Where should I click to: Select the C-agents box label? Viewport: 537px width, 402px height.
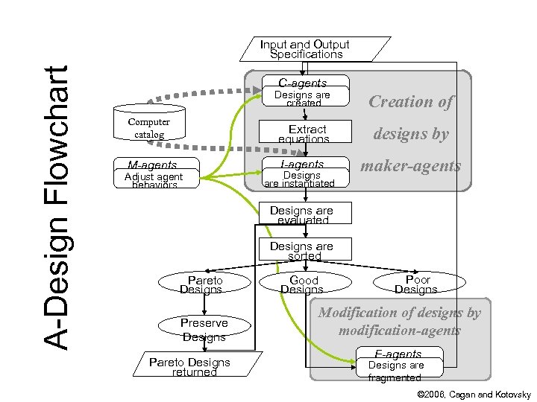click(302, 83)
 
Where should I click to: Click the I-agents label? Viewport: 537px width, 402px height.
click(302, 164)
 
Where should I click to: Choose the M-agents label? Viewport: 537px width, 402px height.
click(152, 165)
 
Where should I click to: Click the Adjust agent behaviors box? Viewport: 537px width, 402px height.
click(154, 179)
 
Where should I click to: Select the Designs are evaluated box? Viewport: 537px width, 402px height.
click(302, 215)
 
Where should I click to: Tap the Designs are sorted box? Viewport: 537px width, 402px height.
click(304, 250)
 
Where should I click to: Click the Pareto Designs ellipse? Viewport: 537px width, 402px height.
click(201, 284)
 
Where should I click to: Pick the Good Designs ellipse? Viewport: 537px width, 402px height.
click(304, 284)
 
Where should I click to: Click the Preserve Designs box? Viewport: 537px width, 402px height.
click(204, 330)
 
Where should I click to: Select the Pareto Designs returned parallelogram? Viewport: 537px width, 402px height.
click(190, 366)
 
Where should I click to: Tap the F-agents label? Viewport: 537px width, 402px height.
click(398, 354)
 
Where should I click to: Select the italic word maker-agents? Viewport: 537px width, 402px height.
click(411, 165)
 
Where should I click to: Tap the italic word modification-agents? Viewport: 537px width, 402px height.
click(399, 330)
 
